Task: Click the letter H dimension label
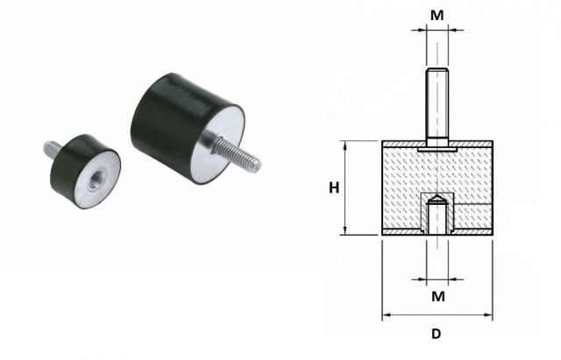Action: coord(334,187)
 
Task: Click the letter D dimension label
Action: coord(437,334)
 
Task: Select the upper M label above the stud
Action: coord(437,16)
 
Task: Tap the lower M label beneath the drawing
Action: coord(438,296)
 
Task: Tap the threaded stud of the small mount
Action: coord(52,149)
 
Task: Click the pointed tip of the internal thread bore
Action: coord(437,195)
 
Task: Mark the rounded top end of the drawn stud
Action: coord(437,69)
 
